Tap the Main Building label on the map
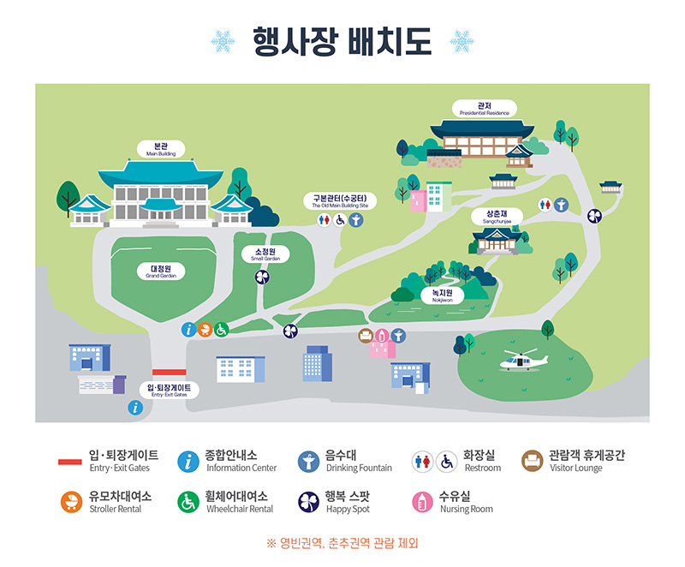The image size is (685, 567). click(161, 149)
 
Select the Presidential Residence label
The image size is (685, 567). click(484, 109)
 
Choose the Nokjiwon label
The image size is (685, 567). click(442, 295)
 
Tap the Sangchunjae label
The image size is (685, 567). click(497, 216)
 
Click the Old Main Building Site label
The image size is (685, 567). click(340, 201)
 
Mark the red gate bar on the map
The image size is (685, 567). click(169, 373)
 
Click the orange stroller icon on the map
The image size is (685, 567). click(205, 329)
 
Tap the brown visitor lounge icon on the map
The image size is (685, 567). click(366, 335)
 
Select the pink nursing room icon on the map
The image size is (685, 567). click(382, 335)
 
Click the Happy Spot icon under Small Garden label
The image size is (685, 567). click(262, 277)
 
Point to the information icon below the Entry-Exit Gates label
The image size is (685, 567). click(134, 408)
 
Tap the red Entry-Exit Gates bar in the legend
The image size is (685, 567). click(69, 462)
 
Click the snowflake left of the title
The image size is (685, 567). click(223, 40)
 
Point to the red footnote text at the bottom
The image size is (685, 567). click(342, 543)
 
